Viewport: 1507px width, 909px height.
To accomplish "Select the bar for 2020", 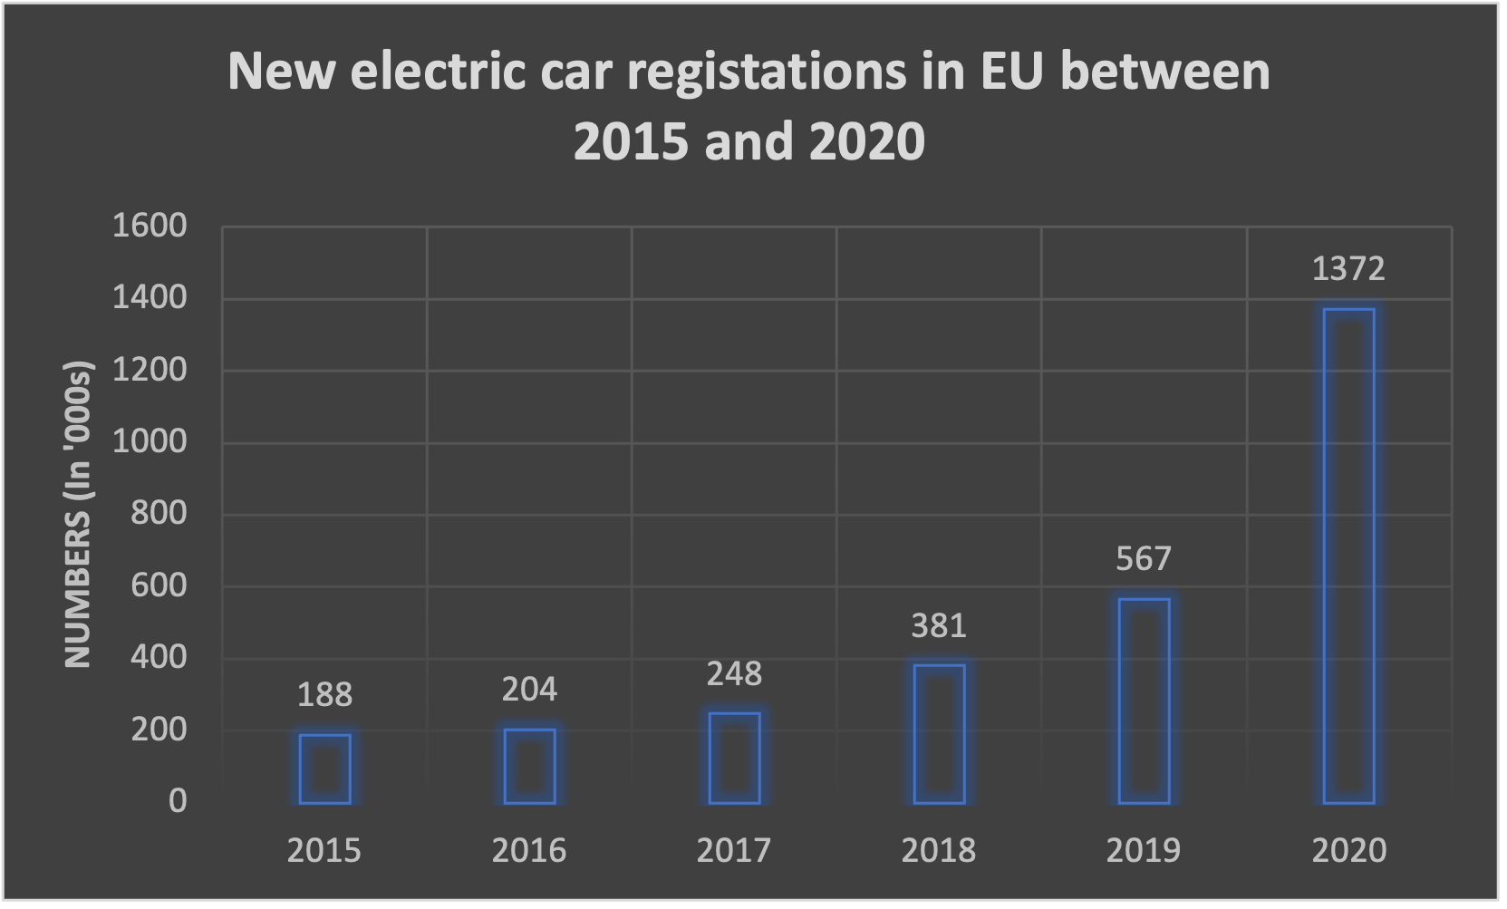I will pyautogui.click(x=1348, y=556).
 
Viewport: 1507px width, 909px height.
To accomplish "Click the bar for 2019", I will pyautogui.click(x=1144, y=701).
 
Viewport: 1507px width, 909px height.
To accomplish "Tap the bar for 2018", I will pyautogui.click(x=939, y=734).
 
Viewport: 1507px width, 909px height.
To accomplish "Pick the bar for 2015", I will pyautogui.click(x=324, y=769).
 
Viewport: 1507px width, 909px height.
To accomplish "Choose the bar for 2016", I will pyautogui.click(x=529, y=766).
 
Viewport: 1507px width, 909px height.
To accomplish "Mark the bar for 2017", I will pyautogui.click(x=734, y=758).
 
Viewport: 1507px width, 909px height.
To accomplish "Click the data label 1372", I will pyautogui.click(x=1348, y=269).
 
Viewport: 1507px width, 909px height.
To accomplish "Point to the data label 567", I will pyautogui.click(x=1144, y=558).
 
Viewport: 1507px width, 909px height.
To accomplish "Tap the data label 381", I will pyautogui.click(x=939, y=625).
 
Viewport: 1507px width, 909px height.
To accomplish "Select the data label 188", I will pyautogui.click(x=324, y=695).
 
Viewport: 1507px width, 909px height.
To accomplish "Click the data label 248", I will pyautogui.click(x=734, y=673).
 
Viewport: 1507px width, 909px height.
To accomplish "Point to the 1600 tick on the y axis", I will pyautogui.click(x=150, y=226).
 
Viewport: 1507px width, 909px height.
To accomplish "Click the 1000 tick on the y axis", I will pyautogui.click(x=150, y=441).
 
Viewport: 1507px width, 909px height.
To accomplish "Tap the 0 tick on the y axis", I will pyautogui.click(x=178, y=801).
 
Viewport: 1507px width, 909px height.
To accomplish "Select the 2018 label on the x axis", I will pyautogui.click(x=939, y=850).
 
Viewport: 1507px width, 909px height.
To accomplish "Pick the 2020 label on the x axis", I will pyautogui.click(x=1348, y=850).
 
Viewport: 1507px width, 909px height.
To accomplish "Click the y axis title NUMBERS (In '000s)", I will pyautogui.click(x=79, y=515).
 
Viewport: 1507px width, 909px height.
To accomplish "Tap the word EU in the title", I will pyautogui.click(x=998, y=72).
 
